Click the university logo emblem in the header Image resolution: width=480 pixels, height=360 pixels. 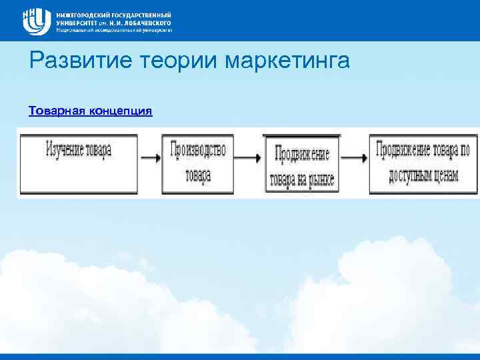pos(37,21)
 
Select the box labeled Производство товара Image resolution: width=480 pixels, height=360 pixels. pos(198,164)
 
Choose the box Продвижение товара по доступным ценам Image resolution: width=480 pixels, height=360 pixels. pos(417,164)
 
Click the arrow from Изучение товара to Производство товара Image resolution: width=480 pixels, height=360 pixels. pos(150,159)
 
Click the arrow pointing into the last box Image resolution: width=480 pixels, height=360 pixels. pos(353,159)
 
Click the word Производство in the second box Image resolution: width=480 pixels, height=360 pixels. pos(198,149)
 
